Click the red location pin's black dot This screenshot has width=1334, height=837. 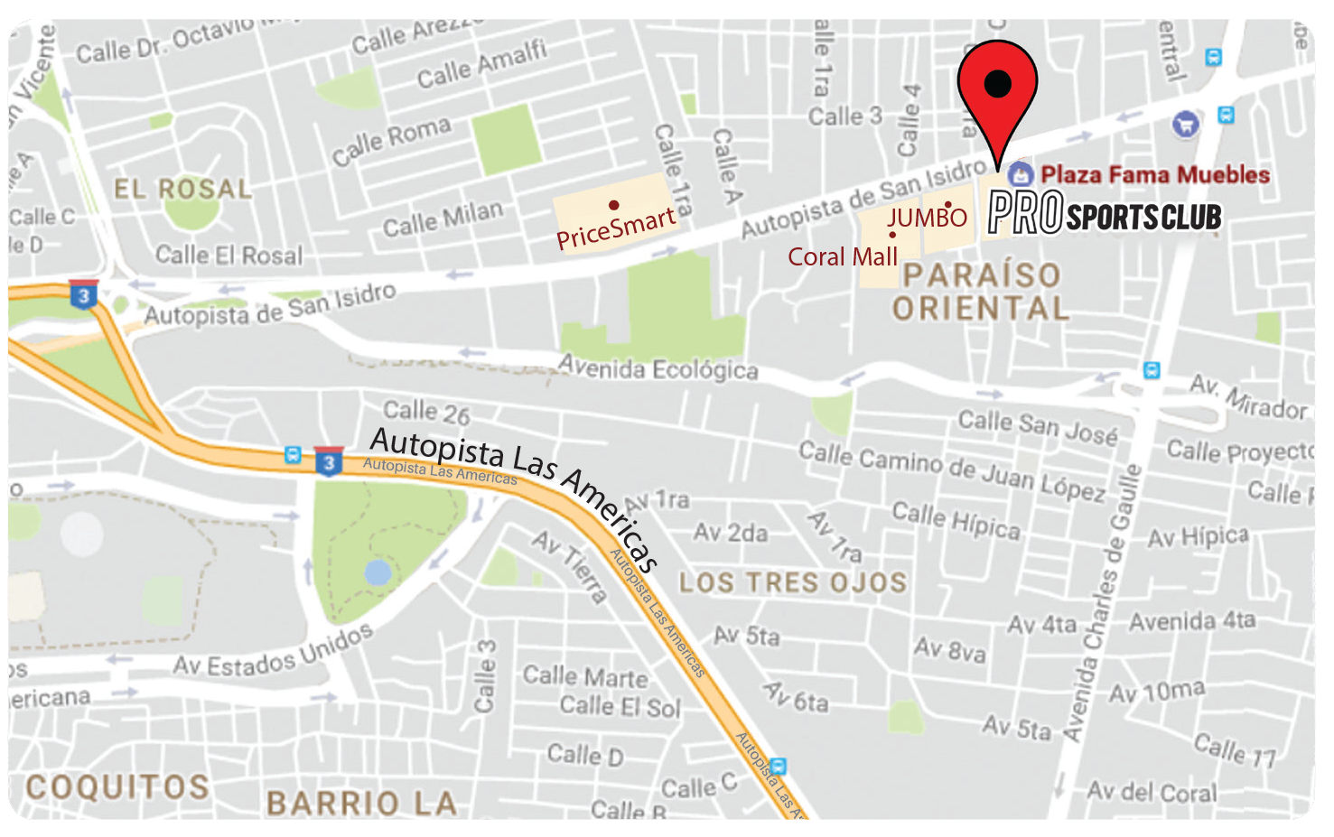(997, 83)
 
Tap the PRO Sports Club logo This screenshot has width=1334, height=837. (1104, 214)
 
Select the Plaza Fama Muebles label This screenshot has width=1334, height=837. (1154, 174)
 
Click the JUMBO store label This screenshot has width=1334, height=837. (927, 218)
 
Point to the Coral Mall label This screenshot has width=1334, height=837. (843, 257)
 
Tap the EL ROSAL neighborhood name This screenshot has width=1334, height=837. (182, 189)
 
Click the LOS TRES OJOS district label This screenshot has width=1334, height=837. (792, 582)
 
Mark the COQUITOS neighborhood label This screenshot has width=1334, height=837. (117, 786)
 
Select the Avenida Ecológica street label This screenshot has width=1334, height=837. (658, 368)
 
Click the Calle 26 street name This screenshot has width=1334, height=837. (427, 413)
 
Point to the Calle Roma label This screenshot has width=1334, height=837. (391, 141)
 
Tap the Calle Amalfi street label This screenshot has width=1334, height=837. (481, 63)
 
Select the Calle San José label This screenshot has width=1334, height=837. (1038, 426)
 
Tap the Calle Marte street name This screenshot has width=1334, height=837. (585, 675)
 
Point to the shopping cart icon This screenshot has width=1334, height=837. (1185, 124)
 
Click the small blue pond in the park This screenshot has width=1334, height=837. (378, 572)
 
